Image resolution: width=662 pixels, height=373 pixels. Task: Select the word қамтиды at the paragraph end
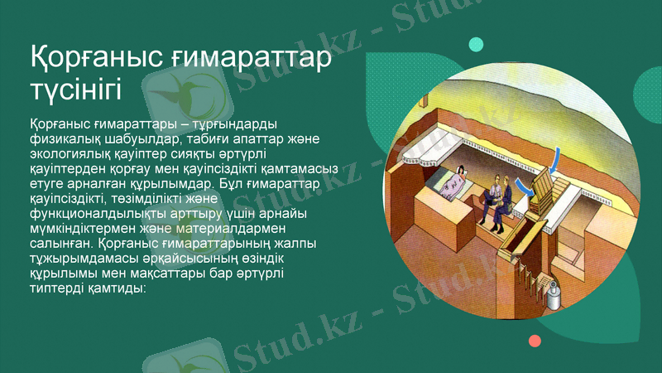point(116,289)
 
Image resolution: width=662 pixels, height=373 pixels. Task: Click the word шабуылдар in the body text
point(137,138)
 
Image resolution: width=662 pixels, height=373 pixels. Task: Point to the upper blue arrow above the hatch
point(558,156)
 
